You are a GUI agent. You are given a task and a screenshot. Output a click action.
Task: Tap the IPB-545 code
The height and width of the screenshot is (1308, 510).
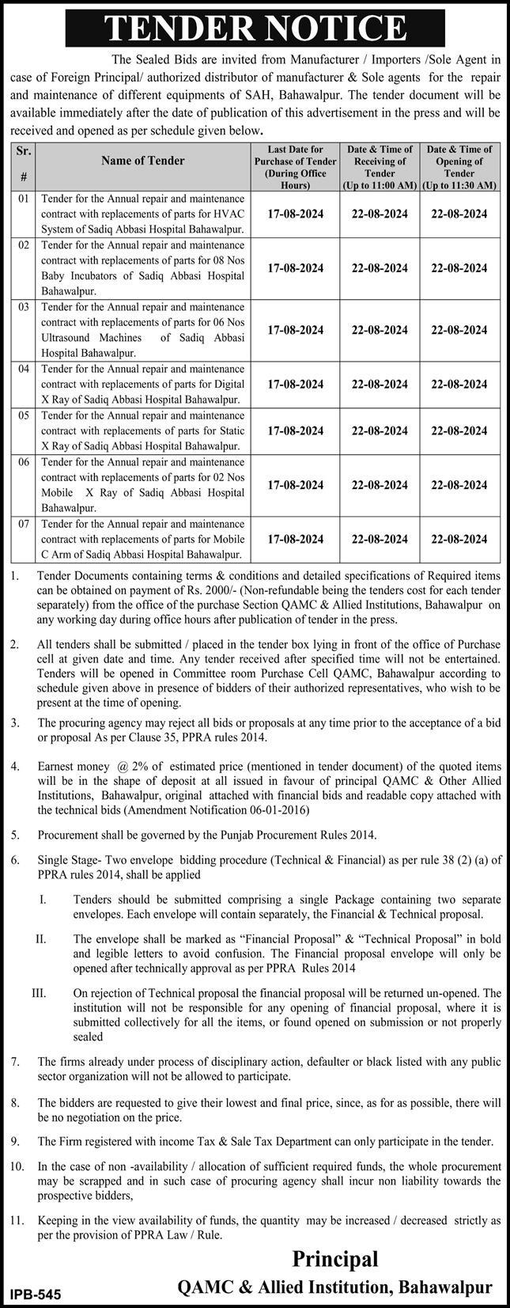[36, 1295]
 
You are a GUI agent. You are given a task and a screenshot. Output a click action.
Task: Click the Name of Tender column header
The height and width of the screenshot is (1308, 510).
[143, 160]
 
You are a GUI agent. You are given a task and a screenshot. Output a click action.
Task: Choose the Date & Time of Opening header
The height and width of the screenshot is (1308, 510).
[459, 165]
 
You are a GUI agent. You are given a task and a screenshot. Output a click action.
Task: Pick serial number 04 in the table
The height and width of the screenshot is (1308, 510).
[24, 369]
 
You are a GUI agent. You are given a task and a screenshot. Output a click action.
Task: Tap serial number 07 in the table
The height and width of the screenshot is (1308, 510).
[24, 524]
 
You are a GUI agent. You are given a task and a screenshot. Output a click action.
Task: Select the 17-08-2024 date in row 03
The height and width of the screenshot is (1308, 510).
[295, 329]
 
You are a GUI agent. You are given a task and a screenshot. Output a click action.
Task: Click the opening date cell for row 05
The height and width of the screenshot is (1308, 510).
[459, 430]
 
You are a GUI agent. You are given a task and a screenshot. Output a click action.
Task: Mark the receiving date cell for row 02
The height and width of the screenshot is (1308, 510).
[377, 267]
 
